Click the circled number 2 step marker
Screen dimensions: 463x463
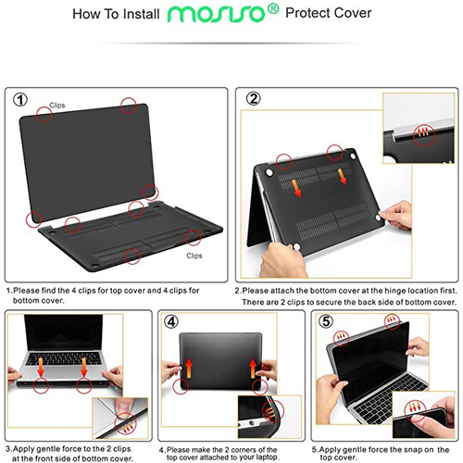click(x=254, y=99)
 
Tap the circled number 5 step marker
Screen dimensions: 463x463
click(x=326, y=323)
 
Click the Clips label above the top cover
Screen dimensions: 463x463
click(x=57, y=106)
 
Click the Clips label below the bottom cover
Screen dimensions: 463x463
click(x=194, y=255)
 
